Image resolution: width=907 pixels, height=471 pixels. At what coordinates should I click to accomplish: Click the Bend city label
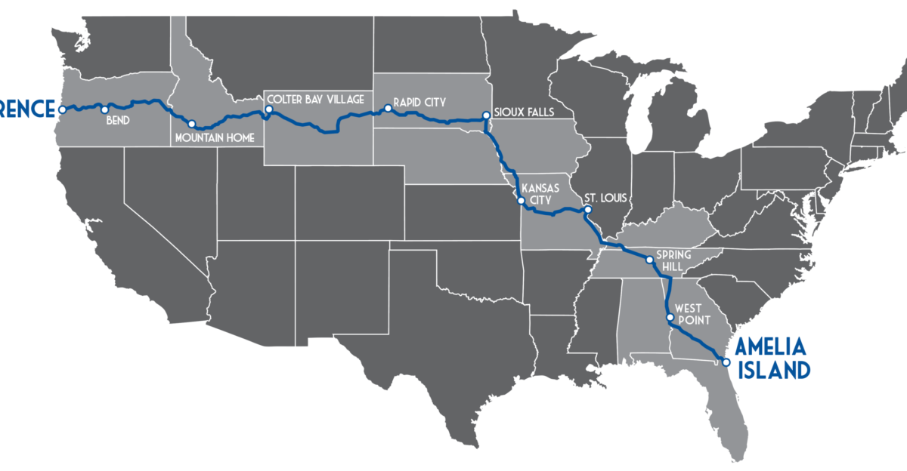[x=117, y=119]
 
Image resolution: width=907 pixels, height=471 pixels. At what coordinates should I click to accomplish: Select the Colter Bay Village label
[x=314, y=99]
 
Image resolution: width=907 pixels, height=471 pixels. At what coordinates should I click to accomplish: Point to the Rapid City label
[x=419, y=100]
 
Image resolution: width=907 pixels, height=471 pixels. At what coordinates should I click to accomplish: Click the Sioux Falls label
[x=524, y=112]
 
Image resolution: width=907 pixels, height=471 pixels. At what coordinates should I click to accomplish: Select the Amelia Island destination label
[x=772, y=358]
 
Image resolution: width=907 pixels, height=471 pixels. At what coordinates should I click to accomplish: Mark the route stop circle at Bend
[x=104, y=109]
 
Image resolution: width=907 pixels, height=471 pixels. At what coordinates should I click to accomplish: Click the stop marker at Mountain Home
[x=192, y=124]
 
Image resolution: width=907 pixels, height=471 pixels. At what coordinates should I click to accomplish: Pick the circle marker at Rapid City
[x=388, y=109]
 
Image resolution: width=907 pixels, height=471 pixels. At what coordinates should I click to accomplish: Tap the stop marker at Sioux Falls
[x=486, y=116]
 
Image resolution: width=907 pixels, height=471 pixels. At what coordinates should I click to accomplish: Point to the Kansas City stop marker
[x=520, y=201]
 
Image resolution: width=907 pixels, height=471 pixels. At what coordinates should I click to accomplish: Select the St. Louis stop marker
[x=587, y=209]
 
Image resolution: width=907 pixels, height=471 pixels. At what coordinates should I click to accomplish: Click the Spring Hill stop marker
[x=649, y=260]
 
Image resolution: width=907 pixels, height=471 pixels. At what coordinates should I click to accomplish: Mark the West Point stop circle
[x=670, y=318]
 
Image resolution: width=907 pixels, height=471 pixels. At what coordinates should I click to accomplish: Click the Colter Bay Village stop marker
[x=268, y=110]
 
